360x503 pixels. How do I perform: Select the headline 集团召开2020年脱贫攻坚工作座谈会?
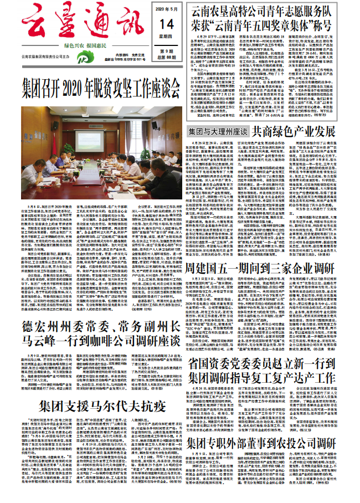click(x=94, y=85)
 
